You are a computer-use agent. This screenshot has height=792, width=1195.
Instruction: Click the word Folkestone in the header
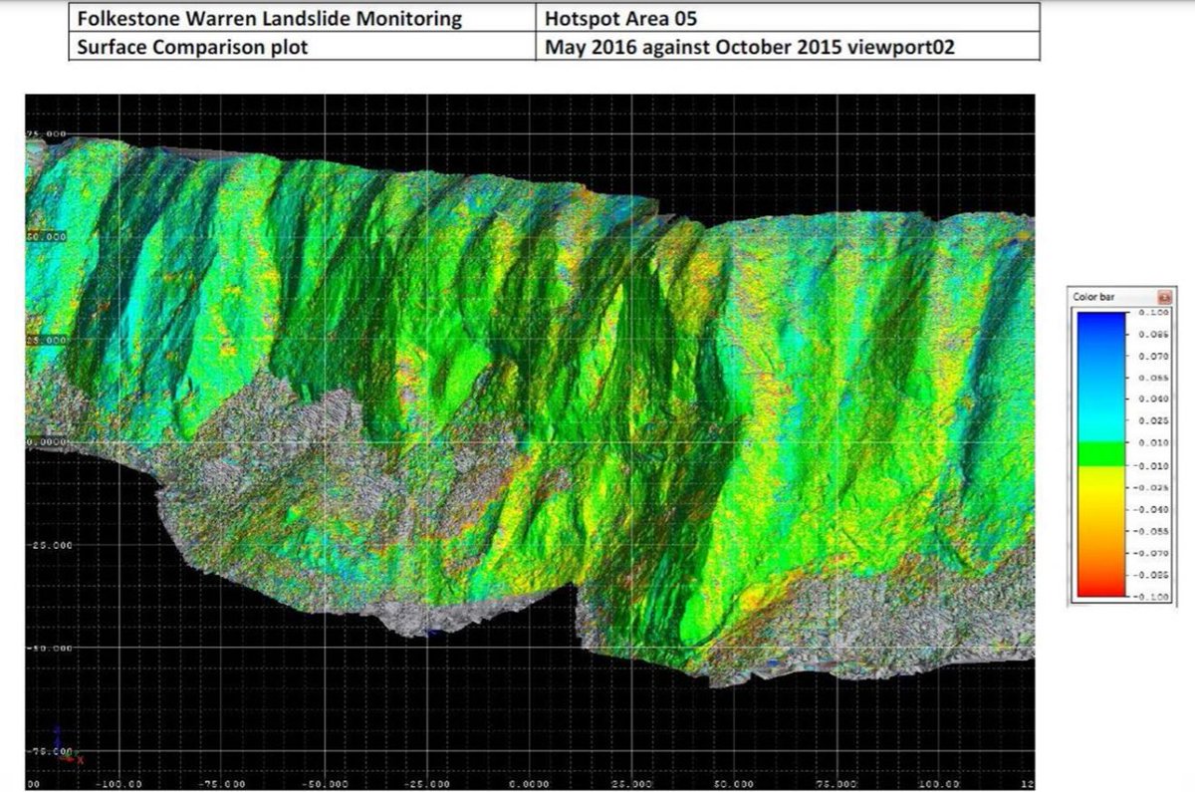(x=120, y=18)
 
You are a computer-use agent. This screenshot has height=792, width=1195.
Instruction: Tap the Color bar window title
(x=1092, y=296)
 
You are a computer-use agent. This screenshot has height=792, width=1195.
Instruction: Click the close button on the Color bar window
(x=1162, y=296)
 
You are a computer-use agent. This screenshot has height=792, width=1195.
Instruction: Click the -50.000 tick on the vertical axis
(x=50, y=648)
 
